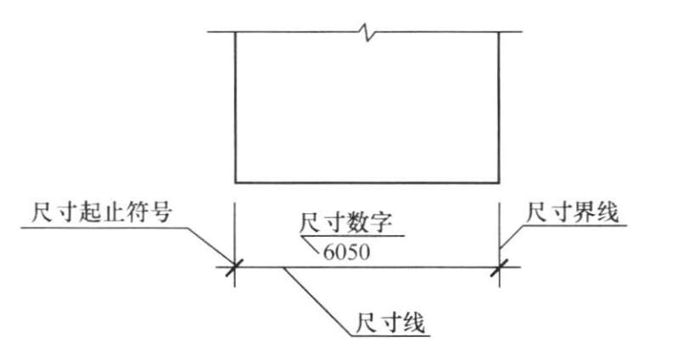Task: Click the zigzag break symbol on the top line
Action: pos(366,33)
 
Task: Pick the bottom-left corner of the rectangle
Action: pos(235,182)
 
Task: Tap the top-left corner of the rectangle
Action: pos(235,33)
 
